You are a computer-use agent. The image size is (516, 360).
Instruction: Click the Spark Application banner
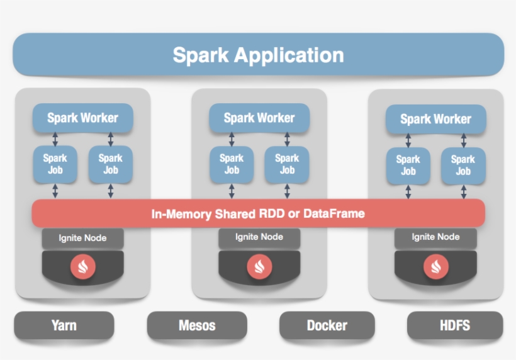pos(258,55)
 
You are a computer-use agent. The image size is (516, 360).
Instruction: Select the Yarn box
pos(64,325)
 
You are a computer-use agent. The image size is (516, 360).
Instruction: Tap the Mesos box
pos(197,325)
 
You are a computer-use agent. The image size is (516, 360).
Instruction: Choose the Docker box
pos(327,325)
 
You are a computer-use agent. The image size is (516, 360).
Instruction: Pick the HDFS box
pos(454,325)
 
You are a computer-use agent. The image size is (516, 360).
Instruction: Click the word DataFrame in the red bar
pos(334,214)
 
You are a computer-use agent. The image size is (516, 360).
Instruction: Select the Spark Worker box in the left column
pos(82,118)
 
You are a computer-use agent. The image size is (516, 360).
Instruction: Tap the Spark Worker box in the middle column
pos(259,118)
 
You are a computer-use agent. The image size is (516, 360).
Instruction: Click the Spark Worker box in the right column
pos(435,119)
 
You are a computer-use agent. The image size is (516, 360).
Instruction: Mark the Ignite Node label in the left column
pos(82,238)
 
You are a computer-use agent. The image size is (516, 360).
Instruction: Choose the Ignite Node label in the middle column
pos(259,237)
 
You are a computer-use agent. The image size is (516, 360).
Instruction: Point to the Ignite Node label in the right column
pos(435,237)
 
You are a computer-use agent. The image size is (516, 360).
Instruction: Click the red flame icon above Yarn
pos(82,266)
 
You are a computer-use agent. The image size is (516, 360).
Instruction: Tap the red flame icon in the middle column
pos(259,266)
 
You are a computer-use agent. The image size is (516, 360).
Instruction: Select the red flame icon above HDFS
pos(435,266)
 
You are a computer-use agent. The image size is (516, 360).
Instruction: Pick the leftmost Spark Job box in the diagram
pos(55,164)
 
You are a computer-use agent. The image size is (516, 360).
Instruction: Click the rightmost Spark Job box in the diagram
pos(463,165)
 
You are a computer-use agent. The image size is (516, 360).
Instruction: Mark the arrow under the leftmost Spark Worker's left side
pos(55,139)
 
